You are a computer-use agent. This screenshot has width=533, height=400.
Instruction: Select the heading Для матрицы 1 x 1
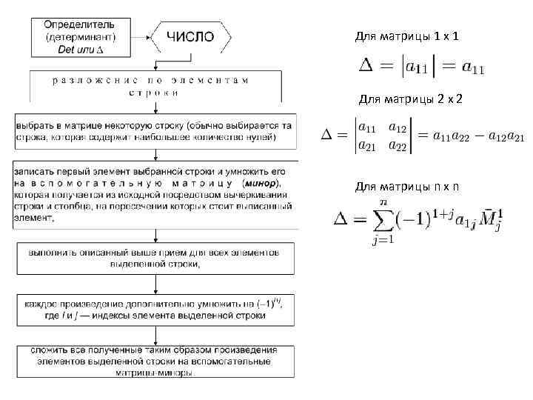click(406, 36)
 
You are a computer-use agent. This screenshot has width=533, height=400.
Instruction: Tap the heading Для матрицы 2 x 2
click(410, 99)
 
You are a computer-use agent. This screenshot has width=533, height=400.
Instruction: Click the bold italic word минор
click(264, 182)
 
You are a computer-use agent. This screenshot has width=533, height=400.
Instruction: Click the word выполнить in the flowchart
click(52, 253)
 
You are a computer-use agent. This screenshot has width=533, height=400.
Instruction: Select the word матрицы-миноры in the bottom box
click(154, 373)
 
